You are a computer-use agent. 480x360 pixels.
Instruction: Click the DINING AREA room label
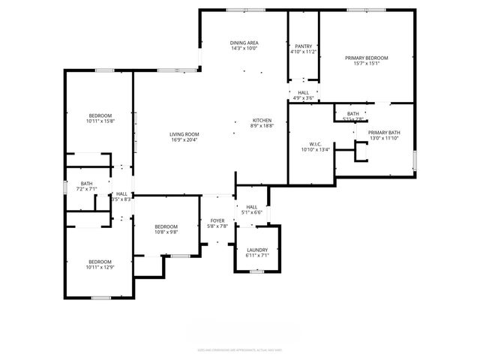(244, 43)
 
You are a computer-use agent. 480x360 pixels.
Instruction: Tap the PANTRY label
(303, 46)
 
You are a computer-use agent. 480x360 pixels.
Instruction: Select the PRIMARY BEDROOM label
(367, 58)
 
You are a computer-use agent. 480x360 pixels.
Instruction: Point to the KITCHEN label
(262, 121)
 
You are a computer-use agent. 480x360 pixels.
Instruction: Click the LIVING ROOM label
(184, 133)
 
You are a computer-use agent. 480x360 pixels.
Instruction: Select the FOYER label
(217, 220)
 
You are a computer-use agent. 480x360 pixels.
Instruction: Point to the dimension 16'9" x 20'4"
(184, 139)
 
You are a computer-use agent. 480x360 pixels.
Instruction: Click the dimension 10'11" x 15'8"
(100, 121)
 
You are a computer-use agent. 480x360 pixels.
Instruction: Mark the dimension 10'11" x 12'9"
(100, 267)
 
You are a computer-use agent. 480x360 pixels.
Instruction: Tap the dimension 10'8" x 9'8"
(166, 232)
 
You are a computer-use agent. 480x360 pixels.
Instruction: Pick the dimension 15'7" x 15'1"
(367, 64)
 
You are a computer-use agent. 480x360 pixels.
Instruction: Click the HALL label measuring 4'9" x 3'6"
(303, 92)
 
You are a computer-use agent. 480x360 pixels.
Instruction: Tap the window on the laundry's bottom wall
(257, 271)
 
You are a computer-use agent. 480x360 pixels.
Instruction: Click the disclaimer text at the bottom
(240, 349)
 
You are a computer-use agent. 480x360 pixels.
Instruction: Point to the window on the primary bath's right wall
(415, 160)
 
